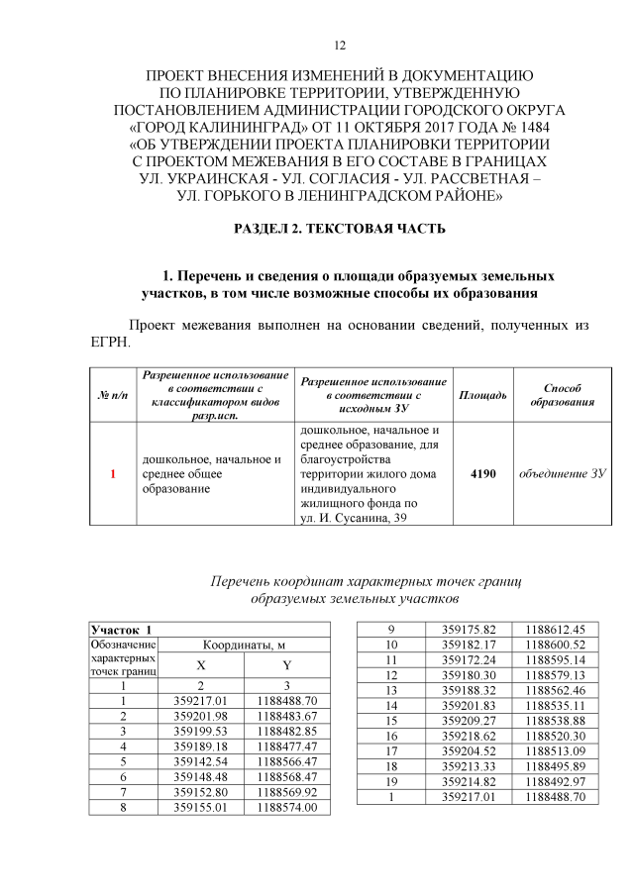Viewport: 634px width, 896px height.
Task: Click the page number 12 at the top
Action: point(339,46)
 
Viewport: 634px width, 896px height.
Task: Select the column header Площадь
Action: point(482,395)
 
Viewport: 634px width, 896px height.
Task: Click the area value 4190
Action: point(482,473)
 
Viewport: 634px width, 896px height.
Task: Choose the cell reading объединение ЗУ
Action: point(563,473)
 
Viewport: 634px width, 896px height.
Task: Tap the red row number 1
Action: point(114,474)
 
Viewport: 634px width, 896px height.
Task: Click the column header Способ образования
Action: point(563,395)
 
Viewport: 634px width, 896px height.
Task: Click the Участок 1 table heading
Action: point(123,630)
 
